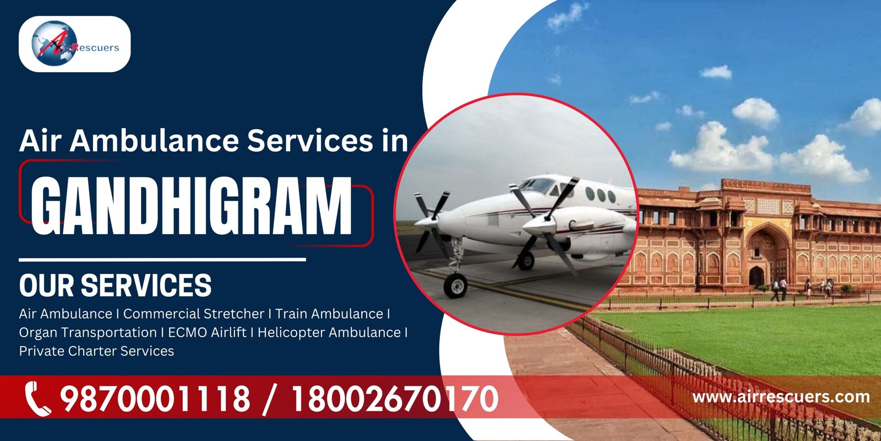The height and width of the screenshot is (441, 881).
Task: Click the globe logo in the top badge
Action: (54, 43)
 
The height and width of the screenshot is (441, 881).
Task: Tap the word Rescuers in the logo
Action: (95, 47)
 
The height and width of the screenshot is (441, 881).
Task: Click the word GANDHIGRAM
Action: (192, 206)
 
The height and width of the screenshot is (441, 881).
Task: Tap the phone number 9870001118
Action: (155, 399)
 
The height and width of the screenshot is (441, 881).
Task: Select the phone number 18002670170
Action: (394, 399)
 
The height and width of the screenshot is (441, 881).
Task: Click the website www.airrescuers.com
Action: (781, 396)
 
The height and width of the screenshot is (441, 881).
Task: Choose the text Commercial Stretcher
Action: (194, 314)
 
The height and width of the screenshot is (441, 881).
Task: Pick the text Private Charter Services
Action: (96, 351)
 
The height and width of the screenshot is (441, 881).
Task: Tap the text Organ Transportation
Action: (88, 333)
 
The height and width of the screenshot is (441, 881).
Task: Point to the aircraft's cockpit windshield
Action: (538, 185)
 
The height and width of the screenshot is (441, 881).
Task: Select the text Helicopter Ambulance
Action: (329, 332)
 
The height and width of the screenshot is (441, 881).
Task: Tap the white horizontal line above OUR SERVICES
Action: (162, 260)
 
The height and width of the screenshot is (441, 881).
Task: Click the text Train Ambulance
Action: (329, 314)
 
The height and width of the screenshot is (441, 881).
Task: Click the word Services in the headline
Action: (310, 141)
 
